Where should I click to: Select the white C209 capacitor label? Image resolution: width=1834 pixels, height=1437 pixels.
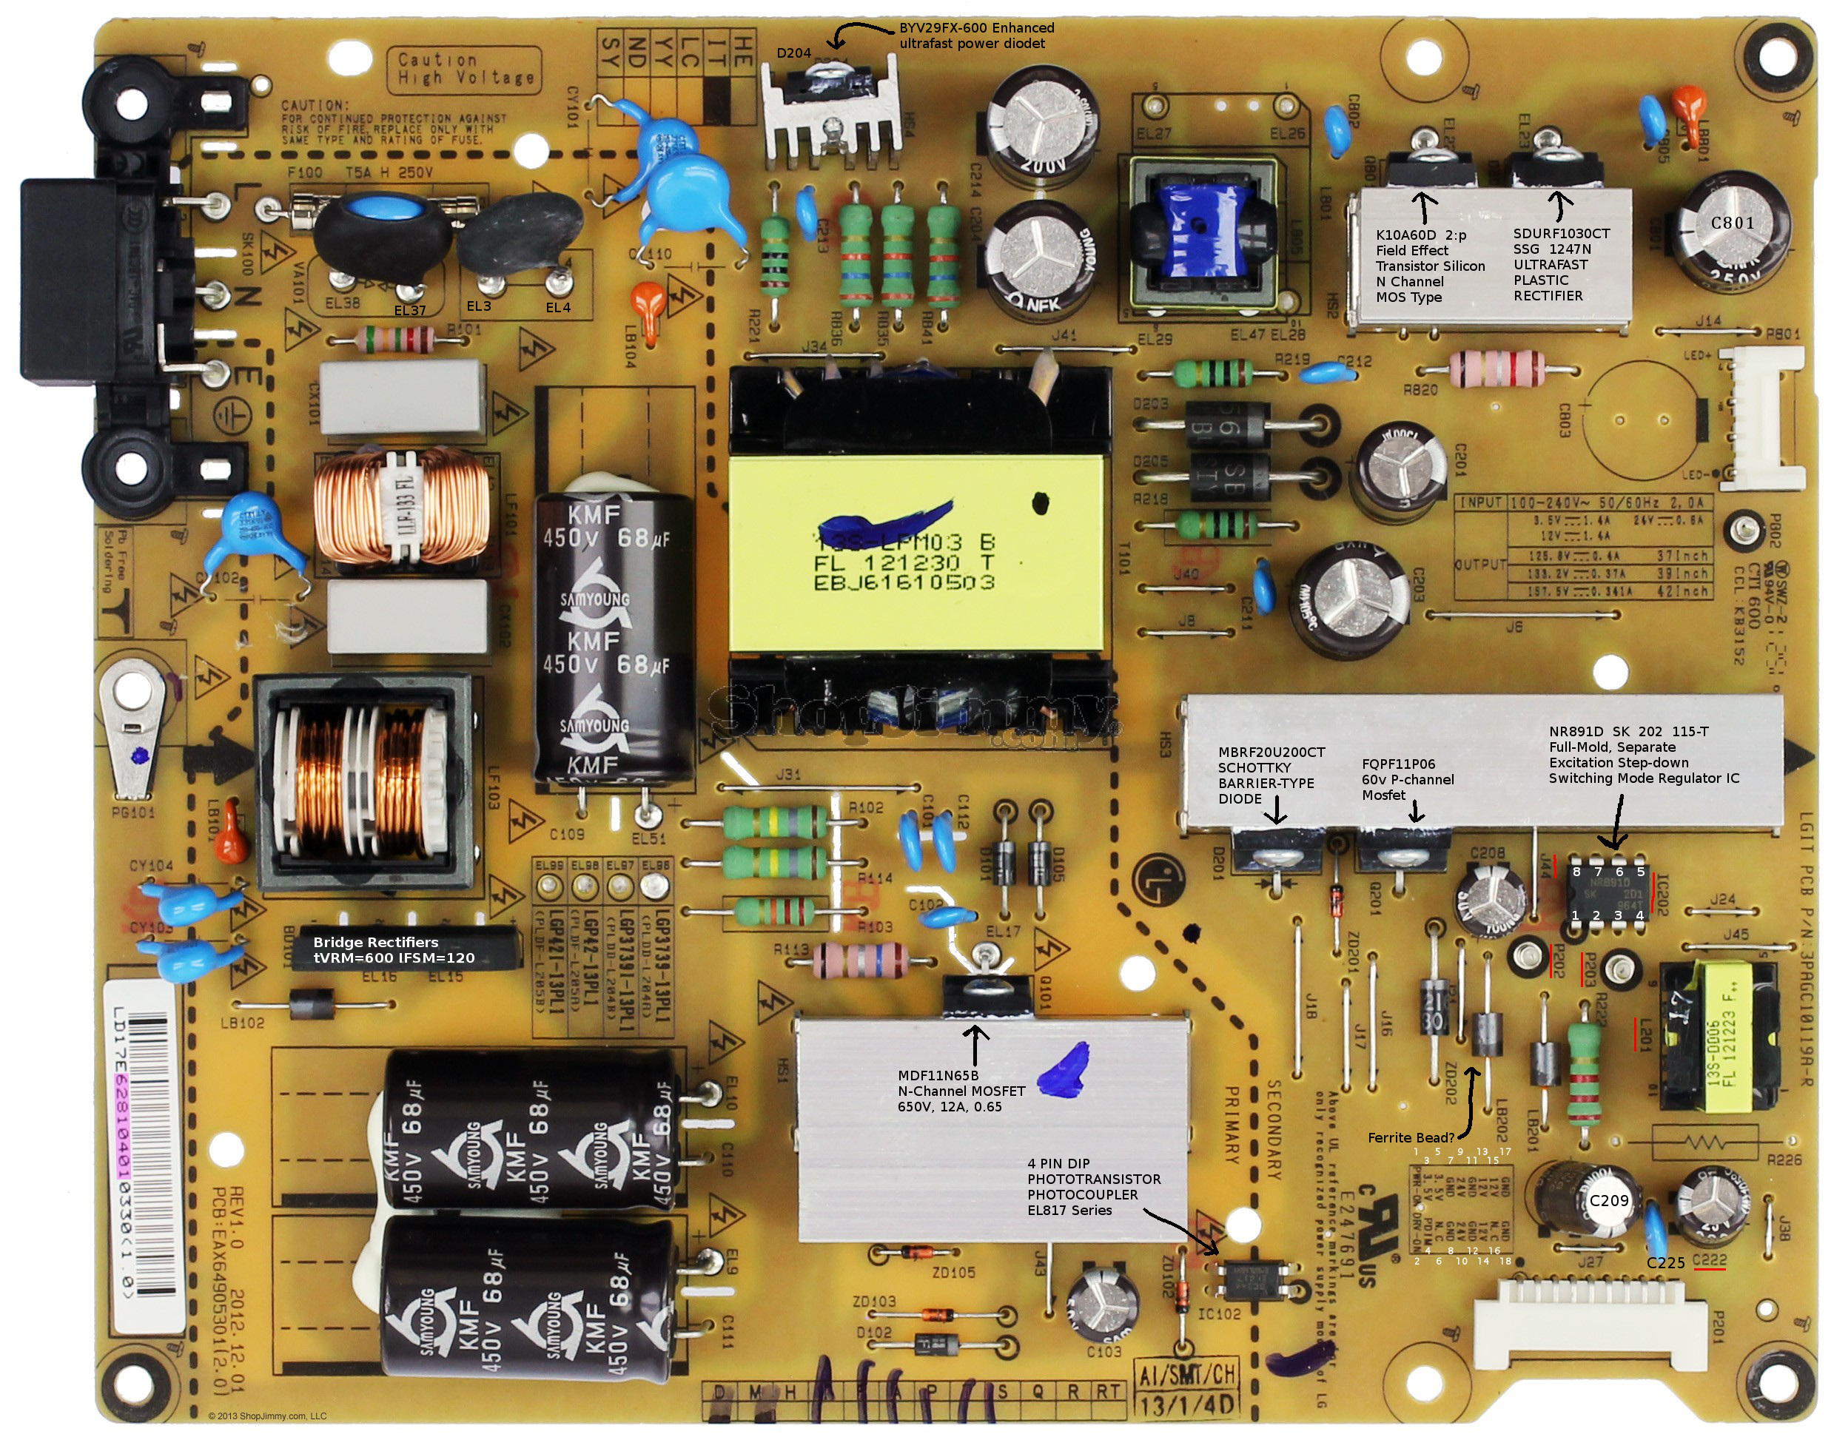[1608, 1201]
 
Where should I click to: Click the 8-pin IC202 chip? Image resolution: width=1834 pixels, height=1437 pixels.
[1608, 892]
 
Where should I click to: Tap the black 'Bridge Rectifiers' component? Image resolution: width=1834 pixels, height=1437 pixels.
[404, 949]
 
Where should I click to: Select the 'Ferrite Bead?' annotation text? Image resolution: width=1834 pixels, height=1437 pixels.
[1410, 1137]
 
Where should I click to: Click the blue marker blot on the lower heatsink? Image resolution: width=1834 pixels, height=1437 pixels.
[1065, 1069]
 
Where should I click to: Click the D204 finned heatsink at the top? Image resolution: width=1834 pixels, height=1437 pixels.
[830, 113]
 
